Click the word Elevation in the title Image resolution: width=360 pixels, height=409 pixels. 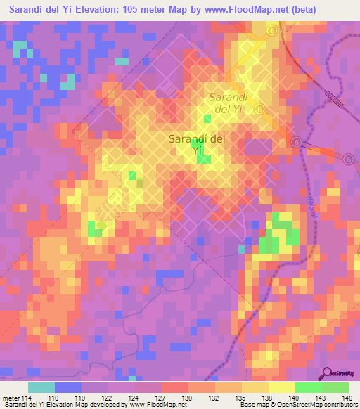click(x=110, y=10)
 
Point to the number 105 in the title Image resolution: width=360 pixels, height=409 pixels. click(x=146, y=10)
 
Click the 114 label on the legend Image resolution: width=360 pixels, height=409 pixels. click(x=28, y=398)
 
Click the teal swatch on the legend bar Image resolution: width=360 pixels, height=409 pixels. click(x=41, y=387)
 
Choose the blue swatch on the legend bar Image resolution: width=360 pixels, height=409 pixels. click(x=68, y=387)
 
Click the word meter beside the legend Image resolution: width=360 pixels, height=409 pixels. click(x=11, y=398)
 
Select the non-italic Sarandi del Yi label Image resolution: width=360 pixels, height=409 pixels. click(x=197, y=144)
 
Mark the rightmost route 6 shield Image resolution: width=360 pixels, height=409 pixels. click(x=349, y=160)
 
